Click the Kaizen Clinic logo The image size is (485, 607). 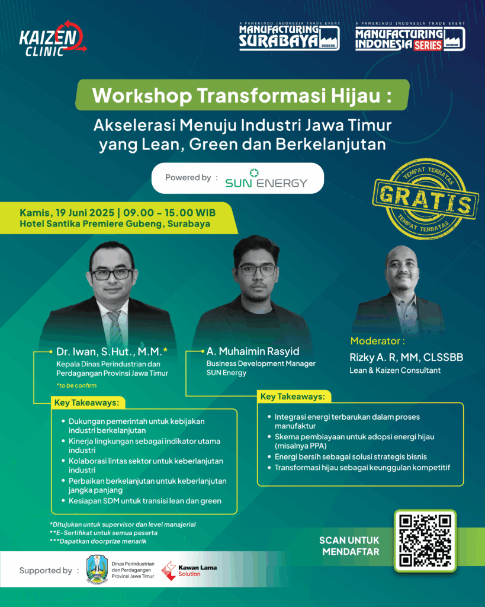[53, 39]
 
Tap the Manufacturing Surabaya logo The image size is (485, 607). [290, 36]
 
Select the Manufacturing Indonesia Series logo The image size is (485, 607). [410, 37]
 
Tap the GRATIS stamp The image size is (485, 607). [425, 198]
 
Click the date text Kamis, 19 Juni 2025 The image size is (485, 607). [67, 213]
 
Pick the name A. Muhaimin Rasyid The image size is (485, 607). [253, 351]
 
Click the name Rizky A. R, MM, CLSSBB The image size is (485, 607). [406, 357]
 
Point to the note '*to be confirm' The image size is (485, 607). [76, 385]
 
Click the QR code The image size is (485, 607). [425, 541]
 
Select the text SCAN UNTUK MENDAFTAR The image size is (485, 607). [349, 546]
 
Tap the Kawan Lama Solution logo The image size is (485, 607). [189, 571]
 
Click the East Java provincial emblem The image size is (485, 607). [97, 569]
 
